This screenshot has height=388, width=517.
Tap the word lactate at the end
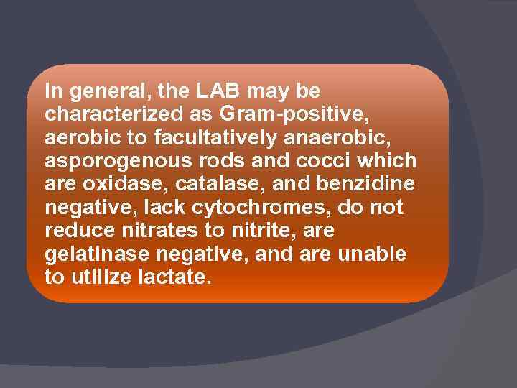pyautogui.click(x=174, y=277)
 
